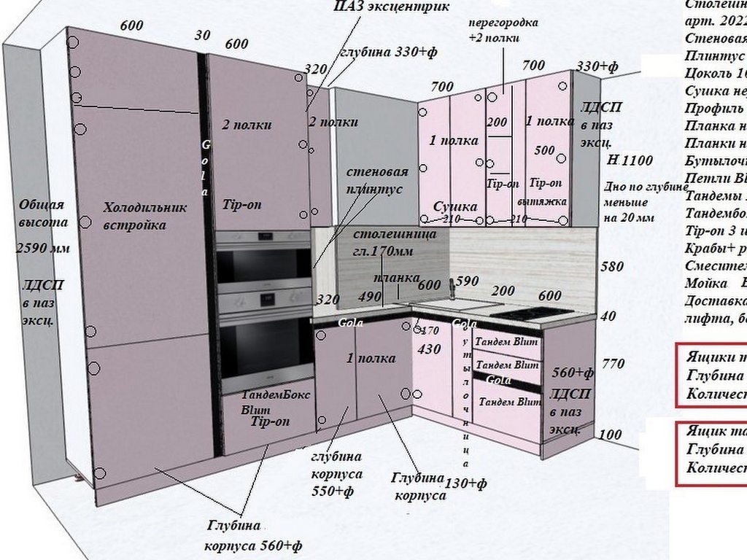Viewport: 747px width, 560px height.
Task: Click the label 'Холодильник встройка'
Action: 144,217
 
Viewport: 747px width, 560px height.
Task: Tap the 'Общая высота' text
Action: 42,214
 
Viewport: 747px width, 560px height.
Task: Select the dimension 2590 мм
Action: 42,248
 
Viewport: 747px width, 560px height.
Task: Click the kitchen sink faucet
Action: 452,289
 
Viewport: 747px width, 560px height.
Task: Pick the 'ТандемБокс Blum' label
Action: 275,402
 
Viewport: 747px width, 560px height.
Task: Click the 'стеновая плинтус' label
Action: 376,180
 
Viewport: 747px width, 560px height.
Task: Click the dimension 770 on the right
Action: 612,363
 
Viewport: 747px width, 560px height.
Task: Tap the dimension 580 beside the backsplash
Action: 611,267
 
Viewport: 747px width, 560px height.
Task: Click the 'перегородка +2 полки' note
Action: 503,29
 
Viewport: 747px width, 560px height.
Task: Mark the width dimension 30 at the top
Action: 202,35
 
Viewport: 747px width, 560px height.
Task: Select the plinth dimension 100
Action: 610,435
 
